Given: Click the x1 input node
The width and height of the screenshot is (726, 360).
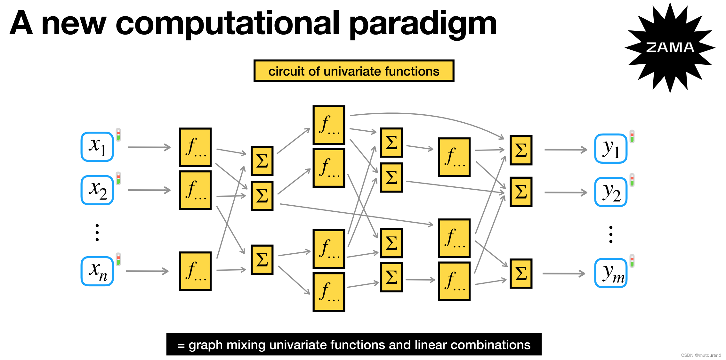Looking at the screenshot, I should pos(97,147).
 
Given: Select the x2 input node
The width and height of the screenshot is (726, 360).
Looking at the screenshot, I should pos(97,190).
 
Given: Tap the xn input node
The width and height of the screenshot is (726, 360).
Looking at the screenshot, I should pos(97,271).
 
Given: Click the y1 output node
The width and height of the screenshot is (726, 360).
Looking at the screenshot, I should pos(611,149).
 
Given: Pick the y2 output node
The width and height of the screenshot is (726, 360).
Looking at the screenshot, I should pos(611,192).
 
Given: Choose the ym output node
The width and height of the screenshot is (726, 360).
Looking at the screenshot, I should pos(611,273).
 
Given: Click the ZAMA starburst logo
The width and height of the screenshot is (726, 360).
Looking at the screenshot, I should pos(670,47).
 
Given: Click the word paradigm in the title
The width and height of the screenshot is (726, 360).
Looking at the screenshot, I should pos(423,24).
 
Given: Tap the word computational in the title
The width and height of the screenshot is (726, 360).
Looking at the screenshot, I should pos(227,24).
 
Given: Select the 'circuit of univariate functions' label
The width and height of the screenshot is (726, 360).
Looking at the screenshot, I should pos(354,71).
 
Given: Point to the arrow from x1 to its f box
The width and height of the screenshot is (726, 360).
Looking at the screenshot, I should pos(149,147).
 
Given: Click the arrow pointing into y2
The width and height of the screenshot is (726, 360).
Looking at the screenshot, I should pos(566,192).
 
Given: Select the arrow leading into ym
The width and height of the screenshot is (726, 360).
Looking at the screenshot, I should pos(564,274).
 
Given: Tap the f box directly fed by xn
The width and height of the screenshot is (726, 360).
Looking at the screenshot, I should pos(195,271).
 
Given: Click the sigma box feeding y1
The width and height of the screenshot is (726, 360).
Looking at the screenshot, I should pos(521,150).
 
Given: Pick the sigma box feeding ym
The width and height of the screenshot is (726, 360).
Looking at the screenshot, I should pos(521,274).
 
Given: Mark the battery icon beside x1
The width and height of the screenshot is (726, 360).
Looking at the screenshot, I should pos(118,135).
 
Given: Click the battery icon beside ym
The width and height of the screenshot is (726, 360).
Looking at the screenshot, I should pos(632,261).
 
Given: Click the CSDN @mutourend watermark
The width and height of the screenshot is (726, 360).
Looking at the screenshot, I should pos(701,355).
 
